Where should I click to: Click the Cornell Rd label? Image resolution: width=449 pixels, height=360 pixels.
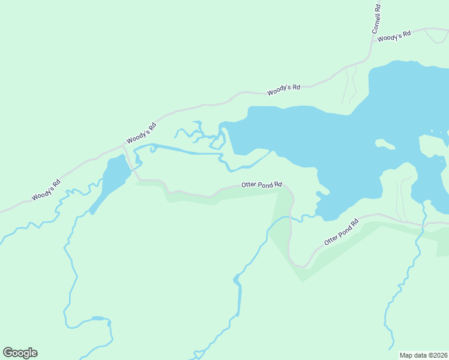(376, 19)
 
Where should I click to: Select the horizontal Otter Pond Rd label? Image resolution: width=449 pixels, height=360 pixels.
(262, 185)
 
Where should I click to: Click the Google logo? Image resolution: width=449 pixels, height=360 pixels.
(20, 353)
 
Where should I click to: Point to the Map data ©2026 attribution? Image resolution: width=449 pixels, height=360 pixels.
(423, 355)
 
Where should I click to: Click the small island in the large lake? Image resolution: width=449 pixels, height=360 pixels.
(385, 144)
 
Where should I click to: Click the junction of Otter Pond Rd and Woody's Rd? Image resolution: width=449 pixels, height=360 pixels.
(124, 146)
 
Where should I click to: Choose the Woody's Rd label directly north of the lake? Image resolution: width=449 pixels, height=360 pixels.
(283, 89)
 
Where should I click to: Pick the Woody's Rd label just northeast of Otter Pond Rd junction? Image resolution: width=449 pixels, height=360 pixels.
(142, 133)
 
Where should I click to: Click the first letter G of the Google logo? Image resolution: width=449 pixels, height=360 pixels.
(8, 353)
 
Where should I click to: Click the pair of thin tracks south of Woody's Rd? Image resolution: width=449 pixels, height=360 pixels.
(349, 84)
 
